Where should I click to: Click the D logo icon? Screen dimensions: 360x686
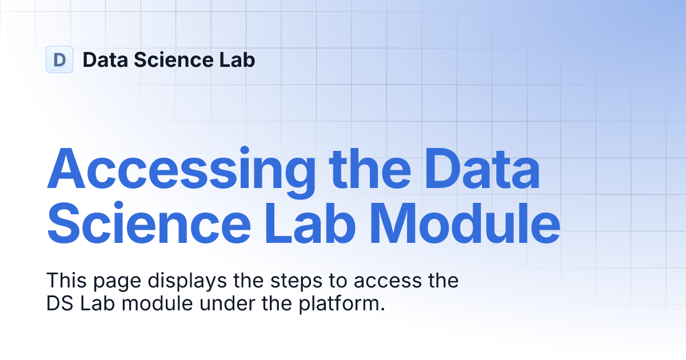coord(59,59)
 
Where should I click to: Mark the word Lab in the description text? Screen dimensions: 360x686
coord(95,304)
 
